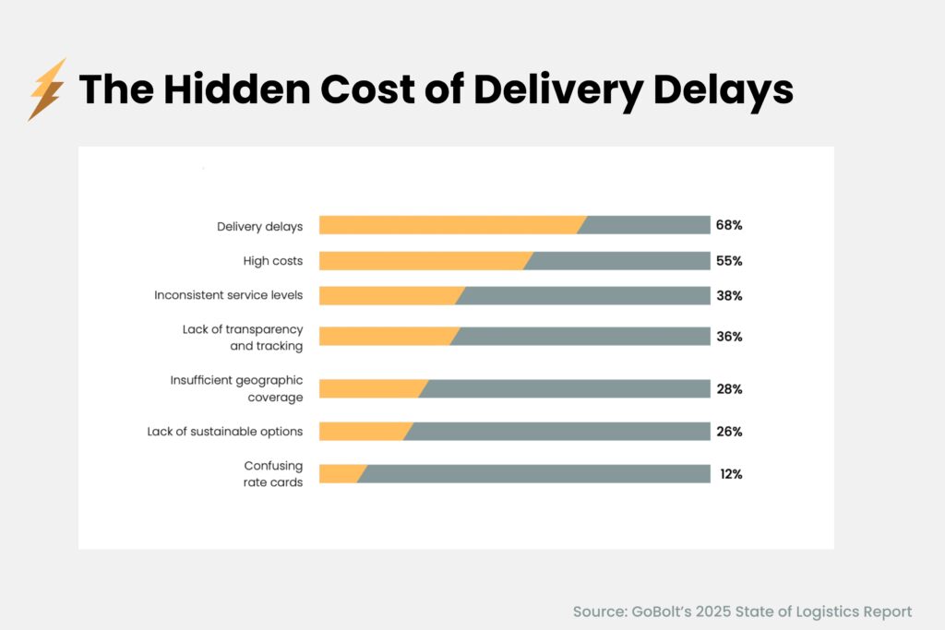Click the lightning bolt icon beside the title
pyautogui.click(x=46, y=89)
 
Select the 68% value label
pyautogui.click(x=728, y=225)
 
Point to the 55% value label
pyautogui.click(x=728, y=261)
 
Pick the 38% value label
pyautogui.click(x=728, y=296)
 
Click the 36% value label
pyautogui.click(x=728, y=337)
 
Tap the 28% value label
pyautogui.click(x=728, y=389)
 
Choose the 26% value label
pyautogui.click(x=728, y=432)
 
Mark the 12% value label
pyautogui.click(x=731, y=474)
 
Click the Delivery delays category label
pyautogui.click(x=259, y=226)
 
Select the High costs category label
pyautogui.click(x=272, y=261)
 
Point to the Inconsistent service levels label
pyautogui.click(x=228, y=296)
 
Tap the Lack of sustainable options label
pyautogui.click(x=224, y=432)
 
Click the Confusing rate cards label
pyautogui.click(x=272, y=474)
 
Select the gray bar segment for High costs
pyautogui.click(x=618, y=261)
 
